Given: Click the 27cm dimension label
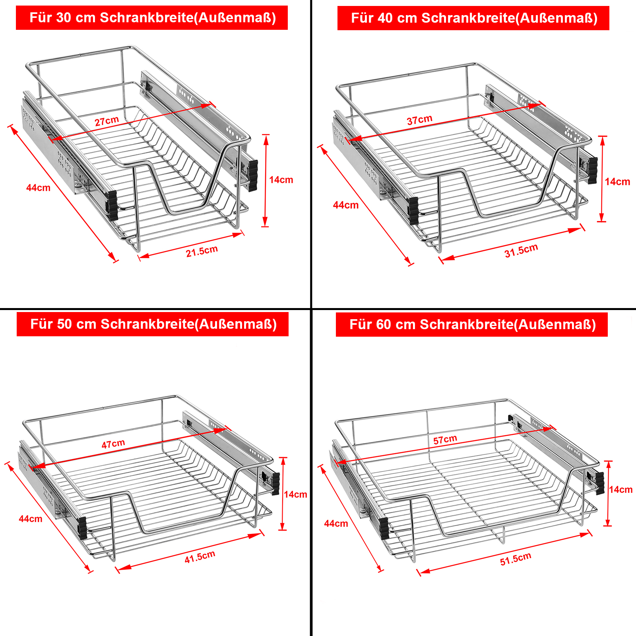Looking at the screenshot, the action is [x=107, y=121].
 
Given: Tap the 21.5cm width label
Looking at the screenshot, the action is [x=202, y=251].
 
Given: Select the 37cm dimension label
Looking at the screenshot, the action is [x=419, y=120].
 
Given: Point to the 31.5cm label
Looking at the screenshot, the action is [x=521, y=250].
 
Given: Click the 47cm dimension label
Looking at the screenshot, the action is [x=113, y=444].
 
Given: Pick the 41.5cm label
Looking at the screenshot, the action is [x=200, y=556].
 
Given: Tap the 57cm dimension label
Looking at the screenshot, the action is [x=445, y=440].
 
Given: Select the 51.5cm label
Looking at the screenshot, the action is [x=516, y=559].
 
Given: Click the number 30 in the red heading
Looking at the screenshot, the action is [x=64, y=18].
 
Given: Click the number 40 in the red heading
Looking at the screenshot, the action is [x=386, y=18].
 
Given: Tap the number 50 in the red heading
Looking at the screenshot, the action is [x=65, y=324].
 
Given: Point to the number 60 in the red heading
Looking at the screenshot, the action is [x=384, y=325].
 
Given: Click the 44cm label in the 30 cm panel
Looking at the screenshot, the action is [x=38, y=188].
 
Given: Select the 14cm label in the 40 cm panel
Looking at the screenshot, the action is [x=617, y=182].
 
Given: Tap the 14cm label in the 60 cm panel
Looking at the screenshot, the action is [x=620, y=490].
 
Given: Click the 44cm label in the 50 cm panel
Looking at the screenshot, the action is [x=31, y=519].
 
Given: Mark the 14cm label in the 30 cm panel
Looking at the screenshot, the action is [x=281, y=180].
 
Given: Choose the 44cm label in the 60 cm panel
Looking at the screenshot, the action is [x=336, y=524].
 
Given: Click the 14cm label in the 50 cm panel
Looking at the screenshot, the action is [x=295, y=494].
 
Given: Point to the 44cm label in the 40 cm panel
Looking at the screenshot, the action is [x=346, y=205].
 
